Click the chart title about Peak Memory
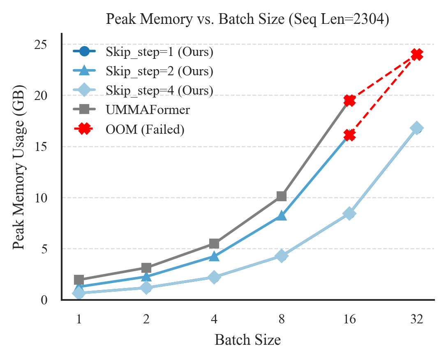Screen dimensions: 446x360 (247, 19)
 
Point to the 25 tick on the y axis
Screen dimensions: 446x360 (41, 45)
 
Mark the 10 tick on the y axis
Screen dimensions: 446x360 (41, 198)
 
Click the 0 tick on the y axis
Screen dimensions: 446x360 (44, 300)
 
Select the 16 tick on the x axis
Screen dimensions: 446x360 (349, 319)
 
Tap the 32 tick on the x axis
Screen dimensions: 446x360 (417, 319)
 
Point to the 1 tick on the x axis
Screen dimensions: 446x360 (79, 319)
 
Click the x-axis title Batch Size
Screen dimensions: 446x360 (247, 340)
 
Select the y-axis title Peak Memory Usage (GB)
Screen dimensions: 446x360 (19, 167)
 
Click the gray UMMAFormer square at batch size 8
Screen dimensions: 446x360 (281, 196)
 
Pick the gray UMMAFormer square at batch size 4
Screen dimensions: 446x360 (214, 244)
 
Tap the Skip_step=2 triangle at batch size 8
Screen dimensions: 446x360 (281, 216)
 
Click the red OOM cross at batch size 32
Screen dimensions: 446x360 (417, 54)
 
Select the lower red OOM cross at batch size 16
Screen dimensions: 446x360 (349, 135)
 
